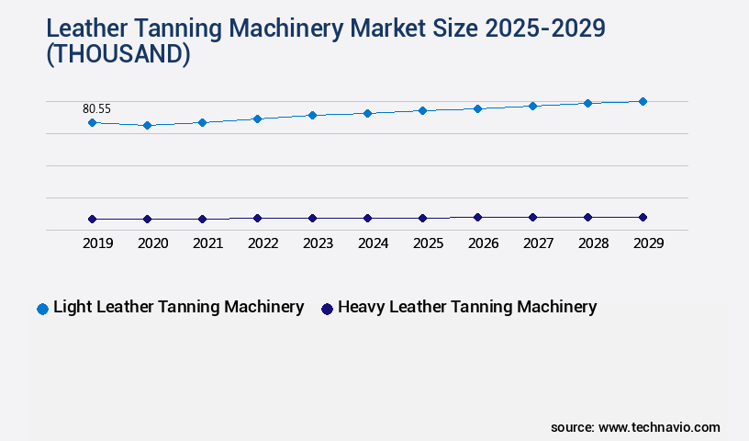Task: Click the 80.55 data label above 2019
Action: pos(96,108)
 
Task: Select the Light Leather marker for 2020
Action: pos(147,125)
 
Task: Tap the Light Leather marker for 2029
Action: pos(643,101)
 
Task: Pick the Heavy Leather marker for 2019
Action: pos(92,219)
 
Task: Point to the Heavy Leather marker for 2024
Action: pos(367,218)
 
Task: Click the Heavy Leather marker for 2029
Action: pos(643,217)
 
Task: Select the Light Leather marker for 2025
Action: pos(422,110)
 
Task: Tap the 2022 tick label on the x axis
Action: pos(263,243)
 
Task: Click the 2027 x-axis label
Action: pos(538,243)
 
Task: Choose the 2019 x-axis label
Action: pos(97,243)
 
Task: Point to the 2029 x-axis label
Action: pos(648,243)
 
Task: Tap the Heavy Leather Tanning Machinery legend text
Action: pos(467,307)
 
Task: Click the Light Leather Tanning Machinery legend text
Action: pos(178,307)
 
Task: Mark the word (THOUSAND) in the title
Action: pos(118,56)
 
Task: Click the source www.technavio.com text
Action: pos(635,427)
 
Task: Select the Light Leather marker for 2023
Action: pos(312,115)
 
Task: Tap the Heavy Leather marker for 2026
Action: pos(477,217)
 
